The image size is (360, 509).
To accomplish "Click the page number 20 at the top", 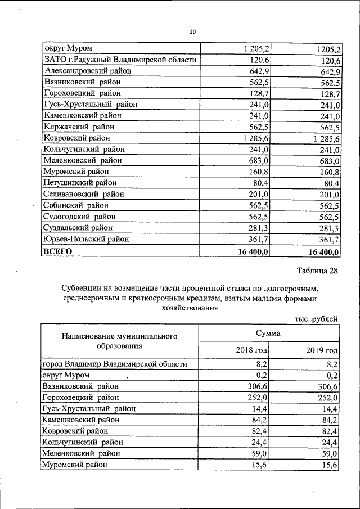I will tap(192, 32).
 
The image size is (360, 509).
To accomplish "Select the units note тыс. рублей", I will tap(316, 319).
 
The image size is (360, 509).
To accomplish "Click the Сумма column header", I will tap(269, 334).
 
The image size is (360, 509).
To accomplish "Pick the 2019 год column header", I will tap(322, 351).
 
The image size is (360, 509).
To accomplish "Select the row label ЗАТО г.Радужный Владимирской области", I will tap(120, 60).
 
